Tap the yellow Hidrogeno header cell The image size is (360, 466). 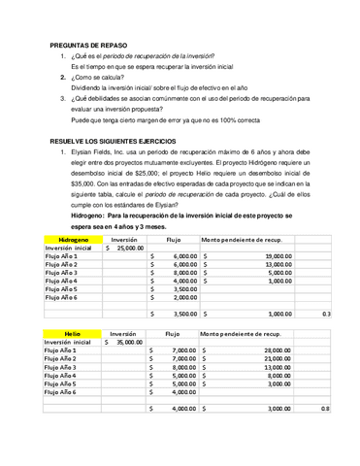click(74, 238)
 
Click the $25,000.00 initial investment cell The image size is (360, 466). click(124, 248)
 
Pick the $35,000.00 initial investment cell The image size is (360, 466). click(124, 342)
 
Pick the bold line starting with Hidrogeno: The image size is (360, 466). click(189, 216)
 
